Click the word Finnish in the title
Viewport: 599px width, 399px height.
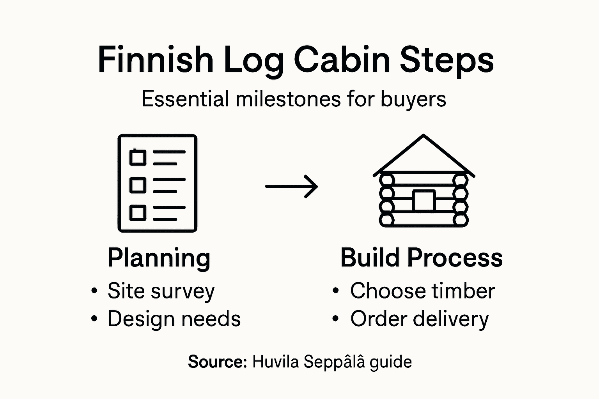point(155,60)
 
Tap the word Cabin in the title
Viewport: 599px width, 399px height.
point(342,60)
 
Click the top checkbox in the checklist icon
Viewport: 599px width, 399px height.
point(138,157)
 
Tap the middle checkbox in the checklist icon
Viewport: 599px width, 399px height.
point(138,185)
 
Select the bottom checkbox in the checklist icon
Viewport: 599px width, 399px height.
point(138,213)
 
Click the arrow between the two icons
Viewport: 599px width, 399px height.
point(291,186)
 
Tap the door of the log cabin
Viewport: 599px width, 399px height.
point(424,201)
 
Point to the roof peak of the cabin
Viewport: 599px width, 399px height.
point(424,136)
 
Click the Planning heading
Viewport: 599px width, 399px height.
point(159,258)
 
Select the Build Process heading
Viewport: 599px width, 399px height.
point(422,258)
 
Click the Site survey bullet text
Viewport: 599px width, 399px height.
point(161,291)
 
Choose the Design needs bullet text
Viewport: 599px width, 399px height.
point(174,319)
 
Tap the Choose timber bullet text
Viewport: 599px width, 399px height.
point(422,291)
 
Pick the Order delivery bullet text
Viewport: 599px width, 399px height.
point(419,319)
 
